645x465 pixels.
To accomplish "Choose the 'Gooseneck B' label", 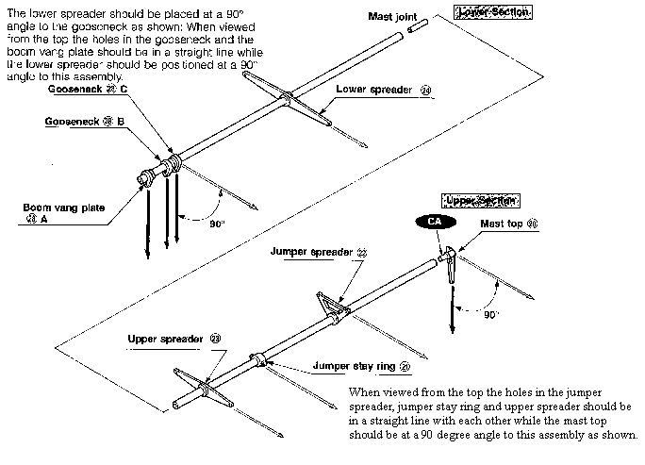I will [84, 122].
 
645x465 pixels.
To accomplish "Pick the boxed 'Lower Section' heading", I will [492, 12].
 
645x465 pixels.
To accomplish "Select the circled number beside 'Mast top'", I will [533, 224].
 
